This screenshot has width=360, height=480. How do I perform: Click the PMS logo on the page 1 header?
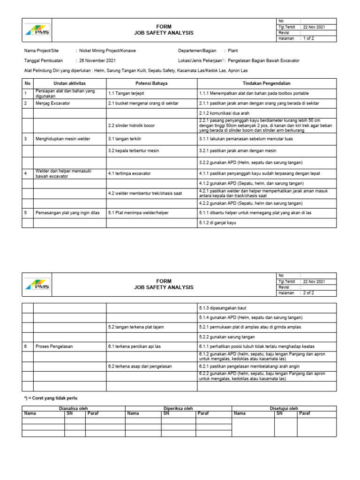point(38,30)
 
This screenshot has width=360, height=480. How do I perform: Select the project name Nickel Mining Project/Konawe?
point(108,51)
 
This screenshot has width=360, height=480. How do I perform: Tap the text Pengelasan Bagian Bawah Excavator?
point(263,60)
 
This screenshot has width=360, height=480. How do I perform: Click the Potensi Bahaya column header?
point(151,83)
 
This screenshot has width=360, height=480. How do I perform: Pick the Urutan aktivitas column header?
point(70,83)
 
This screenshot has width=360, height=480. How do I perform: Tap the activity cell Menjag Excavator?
point(53,103)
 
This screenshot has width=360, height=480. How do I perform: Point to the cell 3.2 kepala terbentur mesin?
point(134,150)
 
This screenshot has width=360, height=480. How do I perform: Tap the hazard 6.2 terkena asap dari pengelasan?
point(140,366)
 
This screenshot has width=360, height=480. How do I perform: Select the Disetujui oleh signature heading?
point(284,408)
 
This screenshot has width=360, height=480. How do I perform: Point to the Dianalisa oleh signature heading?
point(74,408)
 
